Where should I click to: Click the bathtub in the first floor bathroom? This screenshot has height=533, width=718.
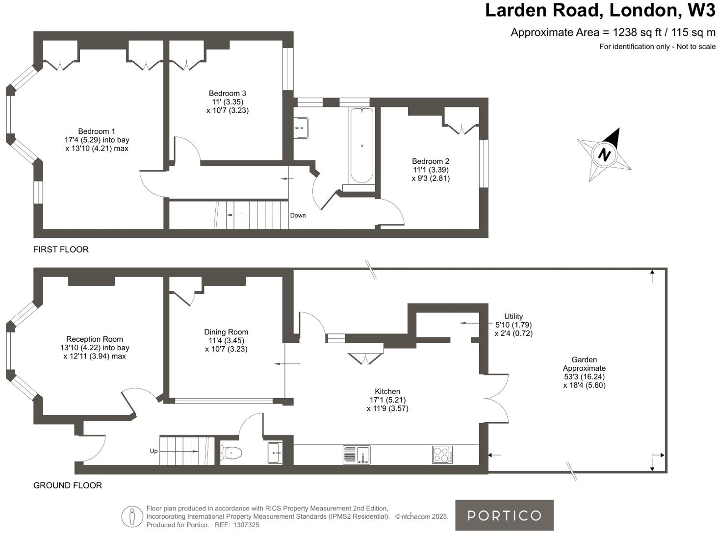click(x=361, y=146)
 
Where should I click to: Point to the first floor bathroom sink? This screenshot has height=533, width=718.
click(x=301, y=128)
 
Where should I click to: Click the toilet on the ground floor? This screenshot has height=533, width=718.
click(x=231, y=453)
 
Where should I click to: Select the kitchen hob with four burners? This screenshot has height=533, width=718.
click(x=442, y=455)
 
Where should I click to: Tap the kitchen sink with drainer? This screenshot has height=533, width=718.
click(x=357, y=455)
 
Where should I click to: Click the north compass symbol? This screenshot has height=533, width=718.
click(x=604, y=154)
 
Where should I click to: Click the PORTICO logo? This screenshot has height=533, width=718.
click(x=504, y=515)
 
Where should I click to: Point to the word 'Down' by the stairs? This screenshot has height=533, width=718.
click(x=298, y=215)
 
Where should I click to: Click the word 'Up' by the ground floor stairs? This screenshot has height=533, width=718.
click(x=154, y=451)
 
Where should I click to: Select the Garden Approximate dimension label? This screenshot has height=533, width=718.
click(x=584, y=373)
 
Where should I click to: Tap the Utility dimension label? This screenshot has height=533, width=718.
click(x=513, y=325)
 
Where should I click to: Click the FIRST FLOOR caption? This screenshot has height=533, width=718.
click(x=61, y=250)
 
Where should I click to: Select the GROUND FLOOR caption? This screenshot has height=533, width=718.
click(x=68, y=485)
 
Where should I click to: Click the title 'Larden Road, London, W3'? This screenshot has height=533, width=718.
click(x=600, y=10)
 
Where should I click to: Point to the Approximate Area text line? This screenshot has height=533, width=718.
click(x=613, y=32)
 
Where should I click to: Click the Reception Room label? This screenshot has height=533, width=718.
click(x=95, y=348)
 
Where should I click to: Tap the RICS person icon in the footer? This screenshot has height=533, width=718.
click(x=132, y=517)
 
